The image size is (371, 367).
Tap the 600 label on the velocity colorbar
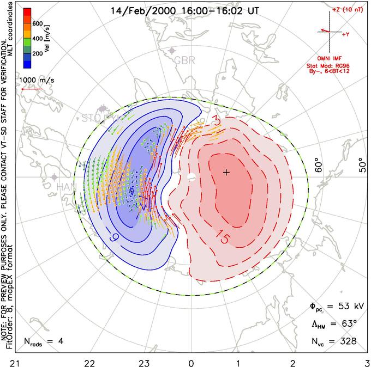click(37, 24)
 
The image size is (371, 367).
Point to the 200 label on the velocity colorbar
click(37, 54)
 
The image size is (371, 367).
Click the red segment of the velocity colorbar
click(27, 14)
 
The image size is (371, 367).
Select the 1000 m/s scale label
click(37, 80)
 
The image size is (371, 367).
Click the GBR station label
click(184, 60)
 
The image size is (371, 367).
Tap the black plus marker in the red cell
click(226, 173)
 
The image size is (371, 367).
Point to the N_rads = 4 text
click(45, 342)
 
